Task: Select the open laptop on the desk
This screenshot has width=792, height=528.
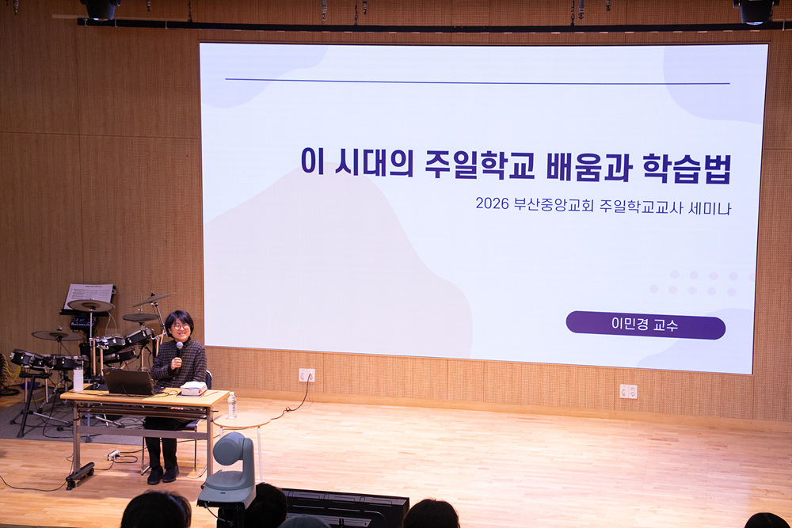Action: pos(129,382)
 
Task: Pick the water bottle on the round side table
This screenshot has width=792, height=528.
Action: pos(232,405)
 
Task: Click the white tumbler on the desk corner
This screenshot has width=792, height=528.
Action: pos(78,378)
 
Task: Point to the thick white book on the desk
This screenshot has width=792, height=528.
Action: pos(193,388)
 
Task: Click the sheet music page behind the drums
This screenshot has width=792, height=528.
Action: pos(89,297)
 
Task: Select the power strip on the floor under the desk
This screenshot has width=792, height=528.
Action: pos(113,455)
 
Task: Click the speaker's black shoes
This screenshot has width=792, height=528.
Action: pos(162,474)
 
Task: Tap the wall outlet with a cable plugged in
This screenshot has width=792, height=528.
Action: pos(307,375)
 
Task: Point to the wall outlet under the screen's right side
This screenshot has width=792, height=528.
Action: pos(628,391)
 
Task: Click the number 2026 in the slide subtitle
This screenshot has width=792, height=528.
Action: pos(492,203)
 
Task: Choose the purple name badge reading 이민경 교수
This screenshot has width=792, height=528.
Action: pos(645,325)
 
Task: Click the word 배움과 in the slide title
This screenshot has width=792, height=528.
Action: pos(589,166)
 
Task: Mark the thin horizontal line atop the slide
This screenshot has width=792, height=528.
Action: pos(478,82)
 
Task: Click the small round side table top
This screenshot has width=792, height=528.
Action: pos(242,420)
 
